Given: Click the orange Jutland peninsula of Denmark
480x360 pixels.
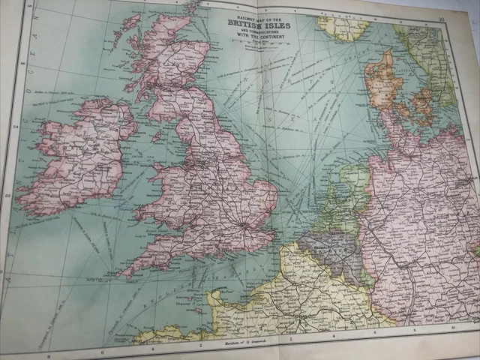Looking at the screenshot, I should [x=380, y=75].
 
